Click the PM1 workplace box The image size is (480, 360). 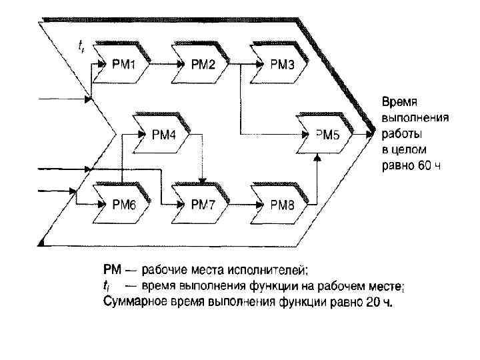click(124, 65)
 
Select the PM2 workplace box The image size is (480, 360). click(203, 65)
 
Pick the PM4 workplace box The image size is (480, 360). click(163, 135)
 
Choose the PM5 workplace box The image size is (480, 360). click(327, 135)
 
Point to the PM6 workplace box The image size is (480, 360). click(124, 205)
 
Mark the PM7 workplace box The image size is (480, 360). click(203, 205)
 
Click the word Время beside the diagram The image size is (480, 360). click(399, 103)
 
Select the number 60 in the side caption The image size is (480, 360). click(425, 165)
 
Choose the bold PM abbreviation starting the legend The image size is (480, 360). click(111, 270)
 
